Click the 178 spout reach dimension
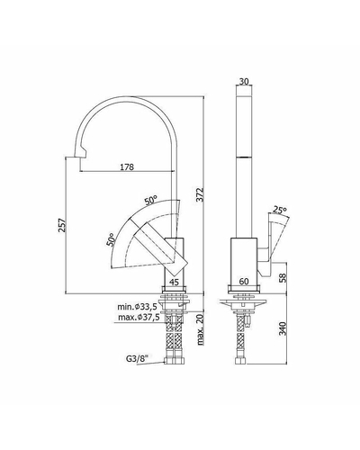click(127, 166)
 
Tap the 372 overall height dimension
click(201, 194)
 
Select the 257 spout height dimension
click(62, 225)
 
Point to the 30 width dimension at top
click(245, 81)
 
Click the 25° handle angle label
click(280, 210)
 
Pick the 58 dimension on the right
click(283, 278)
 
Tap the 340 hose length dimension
click(283, 328)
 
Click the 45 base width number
click(174, 282)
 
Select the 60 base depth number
click(244, 282)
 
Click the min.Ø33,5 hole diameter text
click(137, 307)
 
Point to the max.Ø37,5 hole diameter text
click(139, 318)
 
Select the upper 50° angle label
click(151, 200)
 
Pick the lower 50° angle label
click(111, 239)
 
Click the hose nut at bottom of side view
click(240, 360)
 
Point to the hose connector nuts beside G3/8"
click(174, 360)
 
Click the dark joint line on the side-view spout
click(244, 157)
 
